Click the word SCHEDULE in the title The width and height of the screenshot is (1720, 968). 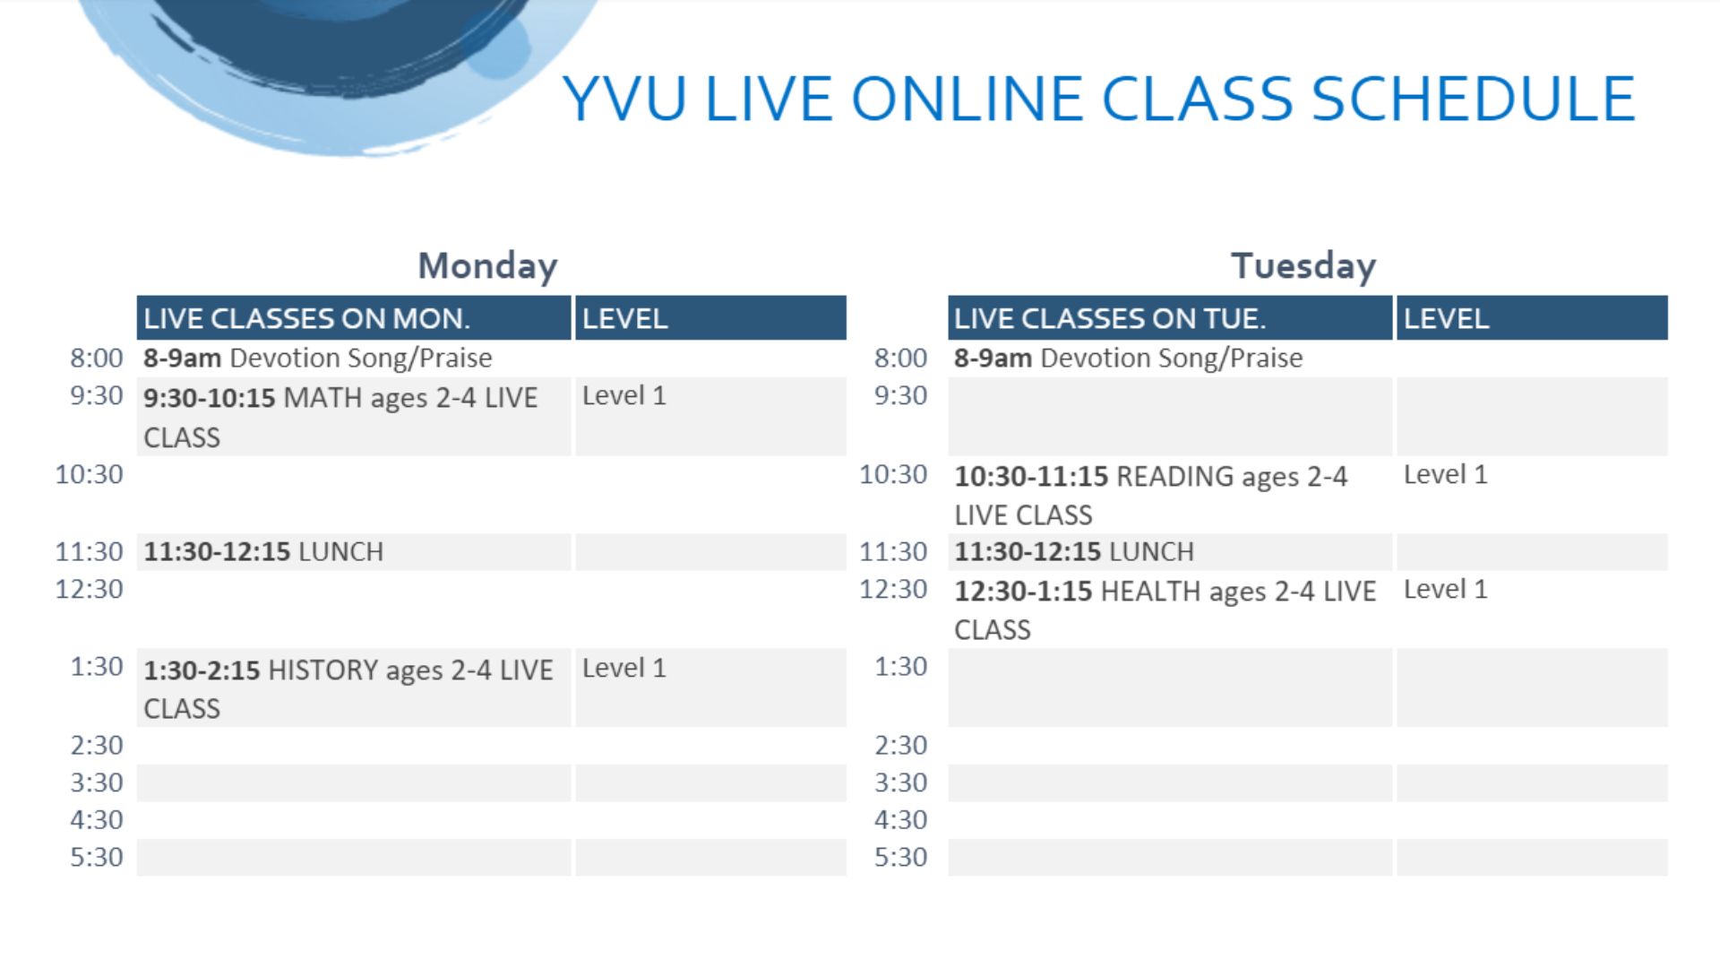coord(1474,99)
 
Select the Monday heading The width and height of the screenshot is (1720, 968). coord(488,266)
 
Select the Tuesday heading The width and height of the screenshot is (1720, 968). coord(1303,266)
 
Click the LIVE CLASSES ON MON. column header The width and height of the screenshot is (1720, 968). coord(306,318)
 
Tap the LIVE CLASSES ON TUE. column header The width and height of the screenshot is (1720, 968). coord(1109,318)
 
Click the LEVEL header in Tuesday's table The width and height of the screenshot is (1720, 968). coord(1446,318)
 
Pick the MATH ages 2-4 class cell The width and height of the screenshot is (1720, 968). coord(340,417)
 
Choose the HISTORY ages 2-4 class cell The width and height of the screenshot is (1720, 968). coord(348,688)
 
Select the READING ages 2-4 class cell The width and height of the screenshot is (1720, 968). coord(1150,495)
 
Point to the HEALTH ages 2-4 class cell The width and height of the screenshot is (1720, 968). coord(1165,609)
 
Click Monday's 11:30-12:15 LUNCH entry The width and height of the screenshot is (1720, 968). coord(263,551)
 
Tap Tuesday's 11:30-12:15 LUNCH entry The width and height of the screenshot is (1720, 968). coord(1074,551)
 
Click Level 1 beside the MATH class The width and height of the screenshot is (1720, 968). coord(624,396)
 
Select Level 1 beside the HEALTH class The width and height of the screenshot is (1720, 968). coord(1445,590)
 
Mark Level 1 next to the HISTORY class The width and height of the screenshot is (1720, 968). coord(624,669)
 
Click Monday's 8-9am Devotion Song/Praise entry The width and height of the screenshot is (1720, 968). coord(317,358)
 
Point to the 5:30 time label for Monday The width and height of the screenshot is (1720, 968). coord(97,857)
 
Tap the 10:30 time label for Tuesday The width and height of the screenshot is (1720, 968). coord(893,474)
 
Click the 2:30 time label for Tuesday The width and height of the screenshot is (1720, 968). coord(901,745)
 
